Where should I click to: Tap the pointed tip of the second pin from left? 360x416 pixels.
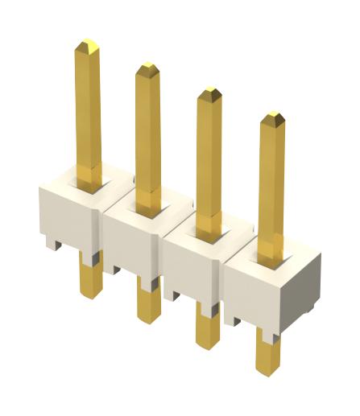point(147,68)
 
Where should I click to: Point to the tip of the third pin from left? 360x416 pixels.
point(209,93)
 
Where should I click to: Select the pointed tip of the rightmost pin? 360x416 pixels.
point(271,119)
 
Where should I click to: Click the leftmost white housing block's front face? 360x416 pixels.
point(69,214)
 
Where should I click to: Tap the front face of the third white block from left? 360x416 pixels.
point(191,266)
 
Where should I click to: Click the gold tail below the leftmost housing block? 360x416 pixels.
point(91,278)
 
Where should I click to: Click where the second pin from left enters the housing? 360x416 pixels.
point(148,203)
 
